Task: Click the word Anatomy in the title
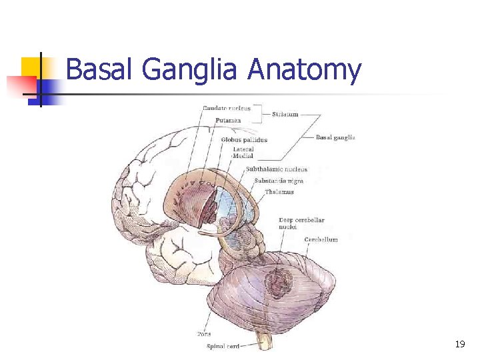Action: (304, 70)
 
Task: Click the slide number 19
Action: (459, 344)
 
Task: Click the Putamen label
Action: (229, 121)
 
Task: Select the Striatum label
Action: (285, 115)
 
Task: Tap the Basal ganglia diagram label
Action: (335, 137)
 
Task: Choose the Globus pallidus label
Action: (244, 140)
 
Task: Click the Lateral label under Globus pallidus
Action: (243, 149)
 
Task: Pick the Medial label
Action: (243, 156)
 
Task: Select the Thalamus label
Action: (279, 192)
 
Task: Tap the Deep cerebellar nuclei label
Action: (301, 223)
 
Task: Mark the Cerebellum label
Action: (321, 239)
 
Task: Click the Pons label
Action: (204, 333)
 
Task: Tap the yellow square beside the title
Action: (30, 67)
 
